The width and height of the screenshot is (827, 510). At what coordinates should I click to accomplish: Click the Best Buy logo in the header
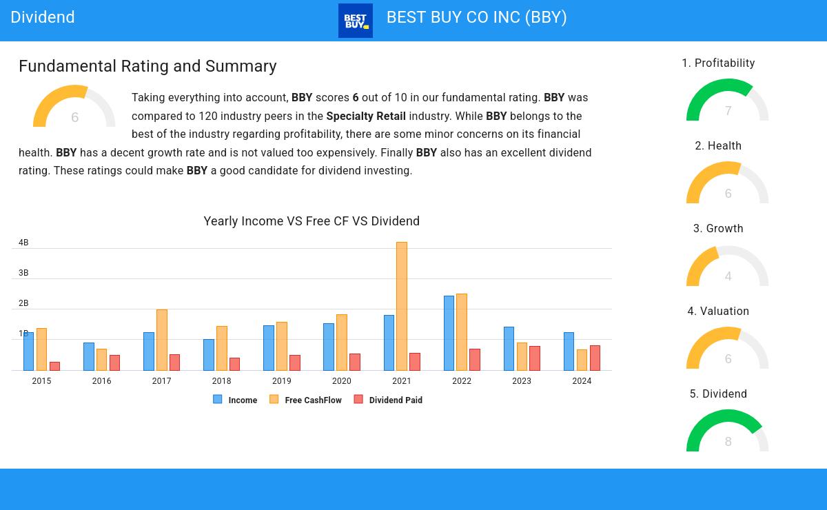(356, 21)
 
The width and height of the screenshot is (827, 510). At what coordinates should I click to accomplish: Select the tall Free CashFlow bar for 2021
(402, 306)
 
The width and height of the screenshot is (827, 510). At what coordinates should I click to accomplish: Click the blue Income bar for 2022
(449, 333)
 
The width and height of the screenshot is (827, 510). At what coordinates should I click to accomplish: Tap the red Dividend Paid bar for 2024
(595, 358)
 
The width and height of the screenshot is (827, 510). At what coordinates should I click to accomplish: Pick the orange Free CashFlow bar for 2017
(162, 340)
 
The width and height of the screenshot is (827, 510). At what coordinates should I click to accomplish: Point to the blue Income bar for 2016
(89, 356)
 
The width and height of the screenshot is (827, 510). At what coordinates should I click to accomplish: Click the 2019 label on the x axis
(281, 380)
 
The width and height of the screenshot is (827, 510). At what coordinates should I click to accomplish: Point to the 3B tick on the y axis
(23, 273)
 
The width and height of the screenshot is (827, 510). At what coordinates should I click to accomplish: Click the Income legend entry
(236, 400)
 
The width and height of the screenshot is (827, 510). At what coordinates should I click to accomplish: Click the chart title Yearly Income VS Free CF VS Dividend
(312, 221)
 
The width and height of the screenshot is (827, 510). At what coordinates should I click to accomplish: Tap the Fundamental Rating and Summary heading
(147, 66)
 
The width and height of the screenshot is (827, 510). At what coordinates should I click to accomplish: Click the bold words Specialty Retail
(366, 116)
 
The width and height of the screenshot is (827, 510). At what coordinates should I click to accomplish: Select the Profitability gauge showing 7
(727, 102)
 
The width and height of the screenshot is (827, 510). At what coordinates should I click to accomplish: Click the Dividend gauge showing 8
(727, 433)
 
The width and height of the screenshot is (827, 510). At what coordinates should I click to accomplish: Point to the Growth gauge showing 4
(727, 267)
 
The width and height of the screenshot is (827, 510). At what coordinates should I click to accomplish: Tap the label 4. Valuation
(718, 312)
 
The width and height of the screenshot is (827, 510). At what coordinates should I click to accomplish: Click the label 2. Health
(718, 146)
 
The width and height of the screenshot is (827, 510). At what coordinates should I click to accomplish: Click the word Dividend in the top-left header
(43, 17)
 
